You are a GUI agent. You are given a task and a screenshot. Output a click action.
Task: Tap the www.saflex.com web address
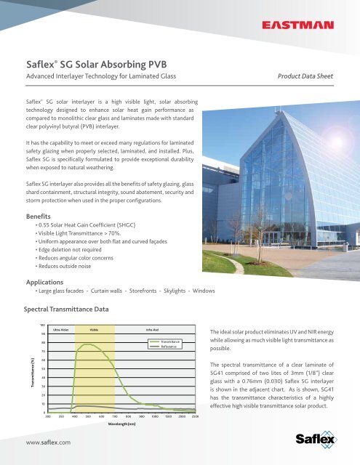48,441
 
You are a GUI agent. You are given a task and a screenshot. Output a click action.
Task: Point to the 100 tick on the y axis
43,324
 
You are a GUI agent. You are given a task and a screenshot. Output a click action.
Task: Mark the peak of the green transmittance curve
89,344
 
